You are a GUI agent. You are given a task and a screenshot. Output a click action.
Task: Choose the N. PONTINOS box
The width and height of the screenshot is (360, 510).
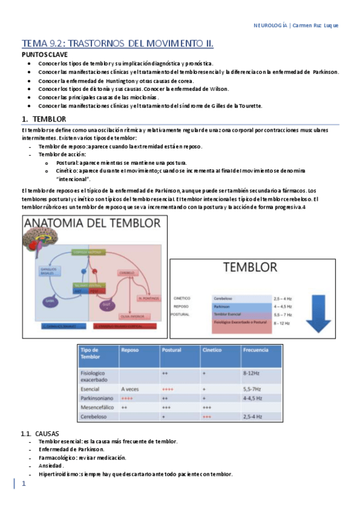pos(147,298)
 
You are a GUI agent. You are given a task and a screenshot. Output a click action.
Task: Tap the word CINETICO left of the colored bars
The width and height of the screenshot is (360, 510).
pos(182,298)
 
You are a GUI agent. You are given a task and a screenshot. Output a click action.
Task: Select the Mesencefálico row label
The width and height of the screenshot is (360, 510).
pos(99,407)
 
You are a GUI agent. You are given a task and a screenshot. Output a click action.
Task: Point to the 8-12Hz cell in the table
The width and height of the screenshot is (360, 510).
pos(251,373)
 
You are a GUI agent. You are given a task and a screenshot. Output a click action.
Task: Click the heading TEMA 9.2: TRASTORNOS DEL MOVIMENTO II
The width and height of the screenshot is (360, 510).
pos(118,43)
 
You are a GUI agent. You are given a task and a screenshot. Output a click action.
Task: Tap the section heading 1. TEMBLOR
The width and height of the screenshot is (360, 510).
pos(41,119)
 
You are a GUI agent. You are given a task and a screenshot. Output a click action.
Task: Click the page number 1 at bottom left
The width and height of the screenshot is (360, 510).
pos(24,484)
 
